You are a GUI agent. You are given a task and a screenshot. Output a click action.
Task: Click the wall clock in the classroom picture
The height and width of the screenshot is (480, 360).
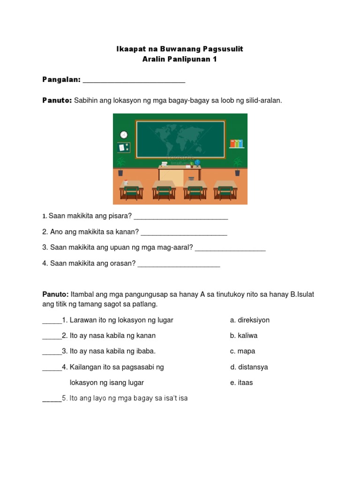pyautogui.click(x=124, y=135)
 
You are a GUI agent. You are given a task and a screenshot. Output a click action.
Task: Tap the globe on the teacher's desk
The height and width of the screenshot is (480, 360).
pyautogui.click(x=198, y=162)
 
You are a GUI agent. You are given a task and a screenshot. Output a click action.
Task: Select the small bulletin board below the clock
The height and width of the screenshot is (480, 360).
pyautogui.click(x=124, y=148)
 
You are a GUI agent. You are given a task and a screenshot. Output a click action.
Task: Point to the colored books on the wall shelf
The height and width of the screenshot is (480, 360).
pyautogui.click(x=237, y=143)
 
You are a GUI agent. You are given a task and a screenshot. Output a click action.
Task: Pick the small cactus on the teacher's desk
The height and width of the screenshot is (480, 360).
pyautogui.click(x=191, y=164)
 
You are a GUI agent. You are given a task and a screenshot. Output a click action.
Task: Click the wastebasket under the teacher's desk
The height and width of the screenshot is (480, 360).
pyautogui.click(x=191, y=179)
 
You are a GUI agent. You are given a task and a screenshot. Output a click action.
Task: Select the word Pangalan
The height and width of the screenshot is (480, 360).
pyautogui.click(x=61, y=80)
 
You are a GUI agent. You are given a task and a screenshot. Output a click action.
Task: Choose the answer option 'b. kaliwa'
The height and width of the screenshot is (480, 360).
pyautogui.click(x=244, y=336)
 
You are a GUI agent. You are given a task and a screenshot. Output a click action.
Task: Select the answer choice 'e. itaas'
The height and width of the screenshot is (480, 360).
pyautogui.click(x=241, y=382)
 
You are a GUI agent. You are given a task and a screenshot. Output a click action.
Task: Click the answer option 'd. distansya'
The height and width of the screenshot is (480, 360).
pyautogui.click(x=249, y=367)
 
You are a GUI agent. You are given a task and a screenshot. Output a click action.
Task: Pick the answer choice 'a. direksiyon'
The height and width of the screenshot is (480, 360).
pyautogui.click(x=250, y=320)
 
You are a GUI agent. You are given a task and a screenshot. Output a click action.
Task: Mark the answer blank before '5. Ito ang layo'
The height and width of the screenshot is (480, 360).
pyautogui.click(x=52, y=400)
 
